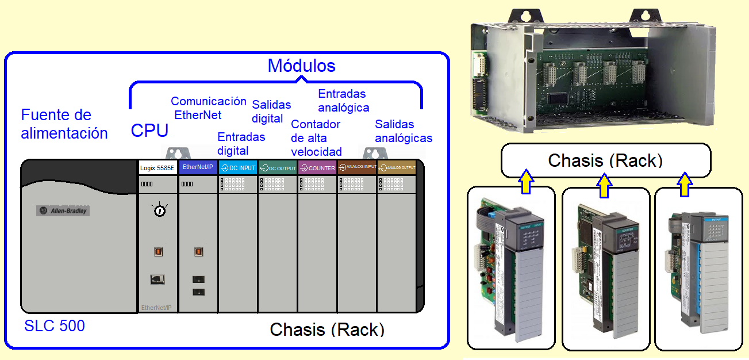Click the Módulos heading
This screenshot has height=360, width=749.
[301, 66]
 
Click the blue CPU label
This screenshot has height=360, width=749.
[149, 131]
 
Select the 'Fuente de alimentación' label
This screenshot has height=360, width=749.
[64, 124]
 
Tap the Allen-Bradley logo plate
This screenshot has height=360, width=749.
[63, 210]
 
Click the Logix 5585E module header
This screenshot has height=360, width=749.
[158, 168]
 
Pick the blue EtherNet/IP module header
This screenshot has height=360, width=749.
[198, 167]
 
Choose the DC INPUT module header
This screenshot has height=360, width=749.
[238, 168]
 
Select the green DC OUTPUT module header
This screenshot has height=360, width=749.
[278, 168]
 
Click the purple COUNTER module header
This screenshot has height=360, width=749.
[317, 168]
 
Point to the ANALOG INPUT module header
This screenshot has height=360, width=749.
[357, 167]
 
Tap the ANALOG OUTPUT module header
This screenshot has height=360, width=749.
[397, 168]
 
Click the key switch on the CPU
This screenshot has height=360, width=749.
[159, 210]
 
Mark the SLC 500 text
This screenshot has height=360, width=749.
[55, 326]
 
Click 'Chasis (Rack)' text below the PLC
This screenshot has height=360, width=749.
[327, 330]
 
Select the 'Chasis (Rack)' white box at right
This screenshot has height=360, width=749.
[605, 160]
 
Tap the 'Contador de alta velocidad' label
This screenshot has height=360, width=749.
[316, 138]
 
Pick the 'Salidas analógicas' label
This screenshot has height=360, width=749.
[404, 131]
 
